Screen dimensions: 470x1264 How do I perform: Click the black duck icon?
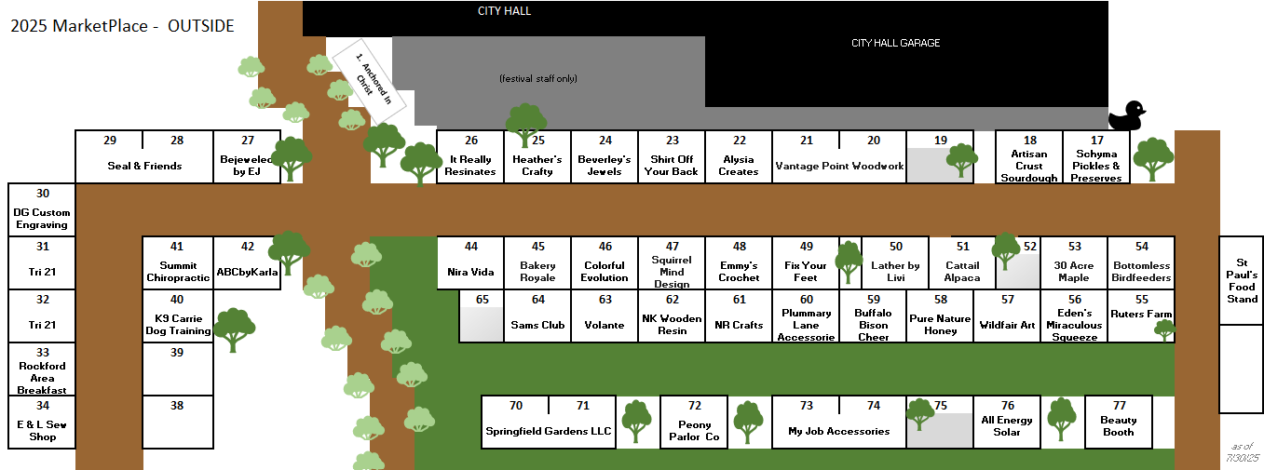pyautogui.click(x=1125, y=116)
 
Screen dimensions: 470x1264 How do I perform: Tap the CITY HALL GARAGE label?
pyautogui.click(x=895, y=43)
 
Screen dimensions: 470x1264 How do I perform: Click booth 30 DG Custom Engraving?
pyautogui.click(x=42, y=210)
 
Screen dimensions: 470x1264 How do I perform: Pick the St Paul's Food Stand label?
pyautogui.click(x=1242, y=280)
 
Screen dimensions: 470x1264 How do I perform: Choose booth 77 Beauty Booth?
pyautogui.click(x=1119, y=422)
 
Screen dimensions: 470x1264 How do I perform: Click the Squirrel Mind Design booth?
pyautogui.click(x=672, y=265)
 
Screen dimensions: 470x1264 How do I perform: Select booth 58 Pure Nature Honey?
pyautogui.click(x=940, y=317)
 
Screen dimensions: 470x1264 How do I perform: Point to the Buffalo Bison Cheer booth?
pyautogui.click(x=873, y=317)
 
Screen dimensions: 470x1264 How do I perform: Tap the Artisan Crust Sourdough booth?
pyautogui.click(x=1029, y=158)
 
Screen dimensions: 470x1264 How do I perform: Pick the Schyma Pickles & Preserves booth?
pyautogui.click(x=1096, y=158)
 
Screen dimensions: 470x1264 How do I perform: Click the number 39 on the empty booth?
pyautogui.click(x=177, y=353)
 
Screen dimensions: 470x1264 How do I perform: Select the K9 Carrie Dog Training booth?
pyautogui.click(x=177, y=317)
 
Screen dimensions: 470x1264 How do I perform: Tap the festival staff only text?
pyautogui.click(x=538, y=78)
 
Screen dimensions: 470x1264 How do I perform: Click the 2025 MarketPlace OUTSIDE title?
pyautogui.click(x=122, y=26)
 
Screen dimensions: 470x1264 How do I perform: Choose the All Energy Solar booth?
pyautogui.click(x=1007, y=422)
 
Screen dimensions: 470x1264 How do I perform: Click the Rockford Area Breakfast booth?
pyautogui.click(x=42, y=371)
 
